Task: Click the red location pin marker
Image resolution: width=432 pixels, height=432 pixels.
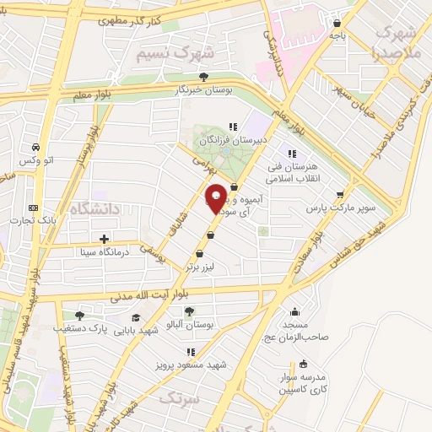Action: pos(216,199)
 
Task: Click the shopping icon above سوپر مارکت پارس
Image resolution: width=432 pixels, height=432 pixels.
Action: pos(341,193)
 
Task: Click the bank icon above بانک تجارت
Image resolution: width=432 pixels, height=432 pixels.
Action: pos(34,208)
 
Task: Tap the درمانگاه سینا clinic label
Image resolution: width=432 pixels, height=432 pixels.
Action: pos(104,251)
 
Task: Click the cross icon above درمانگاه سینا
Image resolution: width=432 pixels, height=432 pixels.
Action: pos(104,239)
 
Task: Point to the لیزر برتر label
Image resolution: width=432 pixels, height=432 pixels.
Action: pos(202,266)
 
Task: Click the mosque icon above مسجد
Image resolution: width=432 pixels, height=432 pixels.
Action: pos(294,312)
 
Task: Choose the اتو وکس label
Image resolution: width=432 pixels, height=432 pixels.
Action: pos(37,160)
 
